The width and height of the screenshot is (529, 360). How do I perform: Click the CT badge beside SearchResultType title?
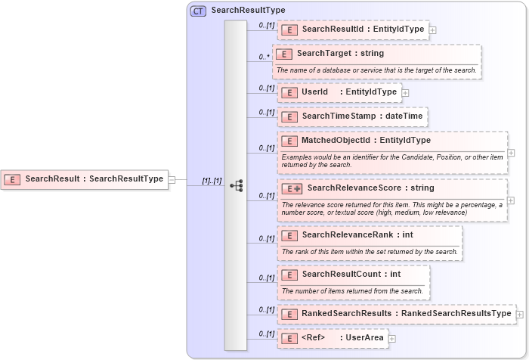point(198,11)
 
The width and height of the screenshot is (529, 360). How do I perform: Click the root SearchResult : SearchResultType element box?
point(85,179)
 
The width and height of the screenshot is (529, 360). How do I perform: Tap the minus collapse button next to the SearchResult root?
point(172,179)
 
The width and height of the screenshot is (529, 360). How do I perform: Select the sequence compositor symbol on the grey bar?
point(236,185)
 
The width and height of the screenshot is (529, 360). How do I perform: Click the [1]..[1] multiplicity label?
point(212,182)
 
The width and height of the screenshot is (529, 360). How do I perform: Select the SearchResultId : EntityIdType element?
point(353,29)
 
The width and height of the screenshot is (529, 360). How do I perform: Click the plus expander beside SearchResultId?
point(432,30)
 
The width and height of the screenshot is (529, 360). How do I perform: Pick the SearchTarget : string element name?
point(340,54)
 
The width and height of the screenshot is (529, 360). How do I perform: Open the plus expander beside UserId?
point(405,93)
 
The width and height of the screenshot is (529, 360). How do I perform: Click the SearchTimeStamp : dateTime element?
point(353,116)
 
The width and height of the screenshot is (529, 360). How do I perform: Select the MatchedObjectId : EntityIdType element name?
point(366,140)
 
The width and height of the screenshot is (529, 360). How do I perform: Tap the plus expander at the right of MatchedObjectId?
point(512,152)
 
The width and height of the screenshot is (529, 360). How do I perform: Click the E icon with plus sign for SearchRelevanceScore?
point(291,188)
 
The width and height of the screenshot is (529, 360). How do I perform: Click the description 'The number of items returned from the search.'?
point(352,290)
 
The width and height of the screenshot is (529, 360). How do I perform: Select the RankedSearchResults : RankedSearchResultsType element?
point(396,313)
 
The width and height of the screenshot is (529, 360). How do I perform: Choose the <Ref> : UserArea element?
point(333,337)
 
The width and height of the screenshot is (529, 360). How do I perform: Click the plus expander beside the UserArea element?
point(392,338)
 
